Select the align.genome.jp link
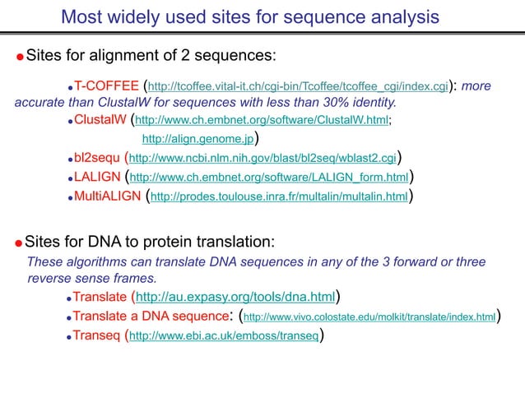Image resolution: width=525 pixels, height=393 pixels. (197, 139)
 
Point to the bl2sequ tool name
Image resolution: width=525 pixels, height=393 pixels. (97, 158)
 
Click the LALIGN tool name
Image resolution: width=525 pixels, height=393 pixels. (97, 177)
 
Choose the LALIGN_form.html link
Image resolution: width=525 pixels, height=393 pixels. (269, 178)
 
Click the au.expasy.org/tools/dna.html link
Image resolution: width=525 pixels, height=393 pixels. (235, 297)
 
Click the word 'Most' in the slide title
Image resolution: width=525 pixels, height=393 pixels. (82, 16)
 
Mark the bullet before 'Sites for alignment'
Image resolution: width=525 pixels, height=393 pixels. (19, 58)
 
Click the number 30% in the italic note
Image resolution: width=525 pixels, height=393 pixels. (316, 104)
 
